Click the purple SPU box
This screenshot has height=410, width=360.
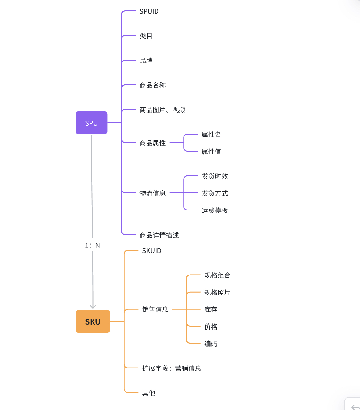click(91, 123)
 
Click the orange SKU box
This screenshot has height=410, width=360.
click(93, 321)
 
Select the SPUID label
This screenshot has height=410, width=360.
click(149, 11)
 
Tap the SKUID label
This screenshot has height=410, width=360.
click(152, 251)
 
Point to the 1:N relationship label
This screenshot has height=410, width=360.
click(92, 245)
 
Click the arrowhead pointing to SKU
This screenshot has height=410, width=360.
click(93, 306)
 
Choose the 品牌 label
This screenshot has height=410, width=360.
click(146, 61)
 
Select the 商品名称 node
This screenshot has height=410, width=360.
click(153, 85)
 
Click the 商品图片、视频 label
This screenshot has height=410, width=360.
click(162, 110)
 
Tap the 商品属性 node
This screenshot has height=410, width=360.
click(153, 143)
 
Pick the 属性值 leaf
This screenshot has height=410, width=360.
click(212, 152)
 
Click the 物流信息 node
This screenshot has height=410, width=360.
click(153, 193)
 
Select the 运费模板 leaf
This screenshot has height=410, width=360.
click(215, 210)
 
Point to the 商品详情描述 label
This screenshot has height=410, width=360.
click(159, 235)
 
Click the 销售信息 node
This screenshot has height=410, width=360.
click(155, 310)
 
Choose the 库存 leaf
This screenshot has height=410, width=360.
click(211, 310)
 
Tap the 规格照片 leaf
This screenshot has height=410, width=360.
click(217, 293)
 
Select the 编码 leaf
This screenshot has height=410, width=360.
click(211, 344)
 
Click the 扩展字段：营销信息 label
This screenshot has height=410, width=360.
click(172, 368)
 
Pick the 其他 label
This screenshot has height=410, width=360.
click(149, 393)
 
